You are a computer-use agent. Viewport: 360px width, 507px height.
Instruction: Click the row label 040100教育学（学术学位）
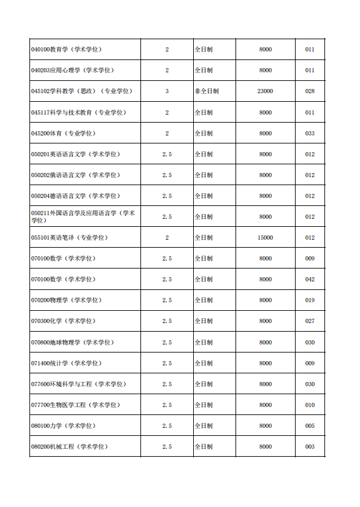click(66, 50)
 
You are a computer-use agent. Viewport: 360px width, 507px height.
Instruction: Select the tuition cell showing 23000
click(265, 91)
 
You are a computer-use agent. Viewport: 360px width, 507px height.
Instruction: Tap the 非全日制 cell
click(207, 91)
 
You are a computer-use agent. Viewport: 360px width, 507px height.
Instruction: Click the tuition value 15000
click(265, 238)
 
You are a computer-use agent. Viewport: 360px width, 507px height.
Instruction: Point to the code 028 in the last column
click(310, 91)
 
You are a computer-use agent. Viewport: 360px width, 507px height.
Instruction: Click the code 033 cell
click(310, 133)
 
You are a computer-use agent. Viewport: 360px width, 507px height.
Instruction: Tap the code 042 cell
click(310, 280)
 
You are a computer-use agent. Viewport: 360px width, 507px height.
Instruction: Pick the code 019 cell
click(310, 300)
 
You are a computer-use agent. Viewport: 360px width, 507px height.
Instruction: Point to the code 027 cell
click(310, 321)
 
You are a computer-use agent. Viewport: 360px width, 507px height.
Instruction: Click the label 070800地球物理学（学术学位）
click(72, 342)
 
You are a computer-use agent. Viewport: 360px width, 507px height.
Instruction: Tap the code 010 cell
click(310, 405)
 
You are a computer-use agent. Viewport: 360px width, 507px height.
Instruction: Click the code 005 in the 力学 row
click(310, 426)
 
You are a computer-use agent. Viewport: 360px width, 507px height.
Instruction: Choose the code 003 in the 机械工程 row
click(310, 447)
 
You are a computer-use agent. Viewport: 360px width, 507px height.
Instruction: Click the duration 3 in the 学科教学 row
click(167, 91)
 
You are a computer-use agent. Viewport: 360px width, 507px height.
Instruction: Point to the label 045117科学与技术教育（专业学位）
click(79, 113)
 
